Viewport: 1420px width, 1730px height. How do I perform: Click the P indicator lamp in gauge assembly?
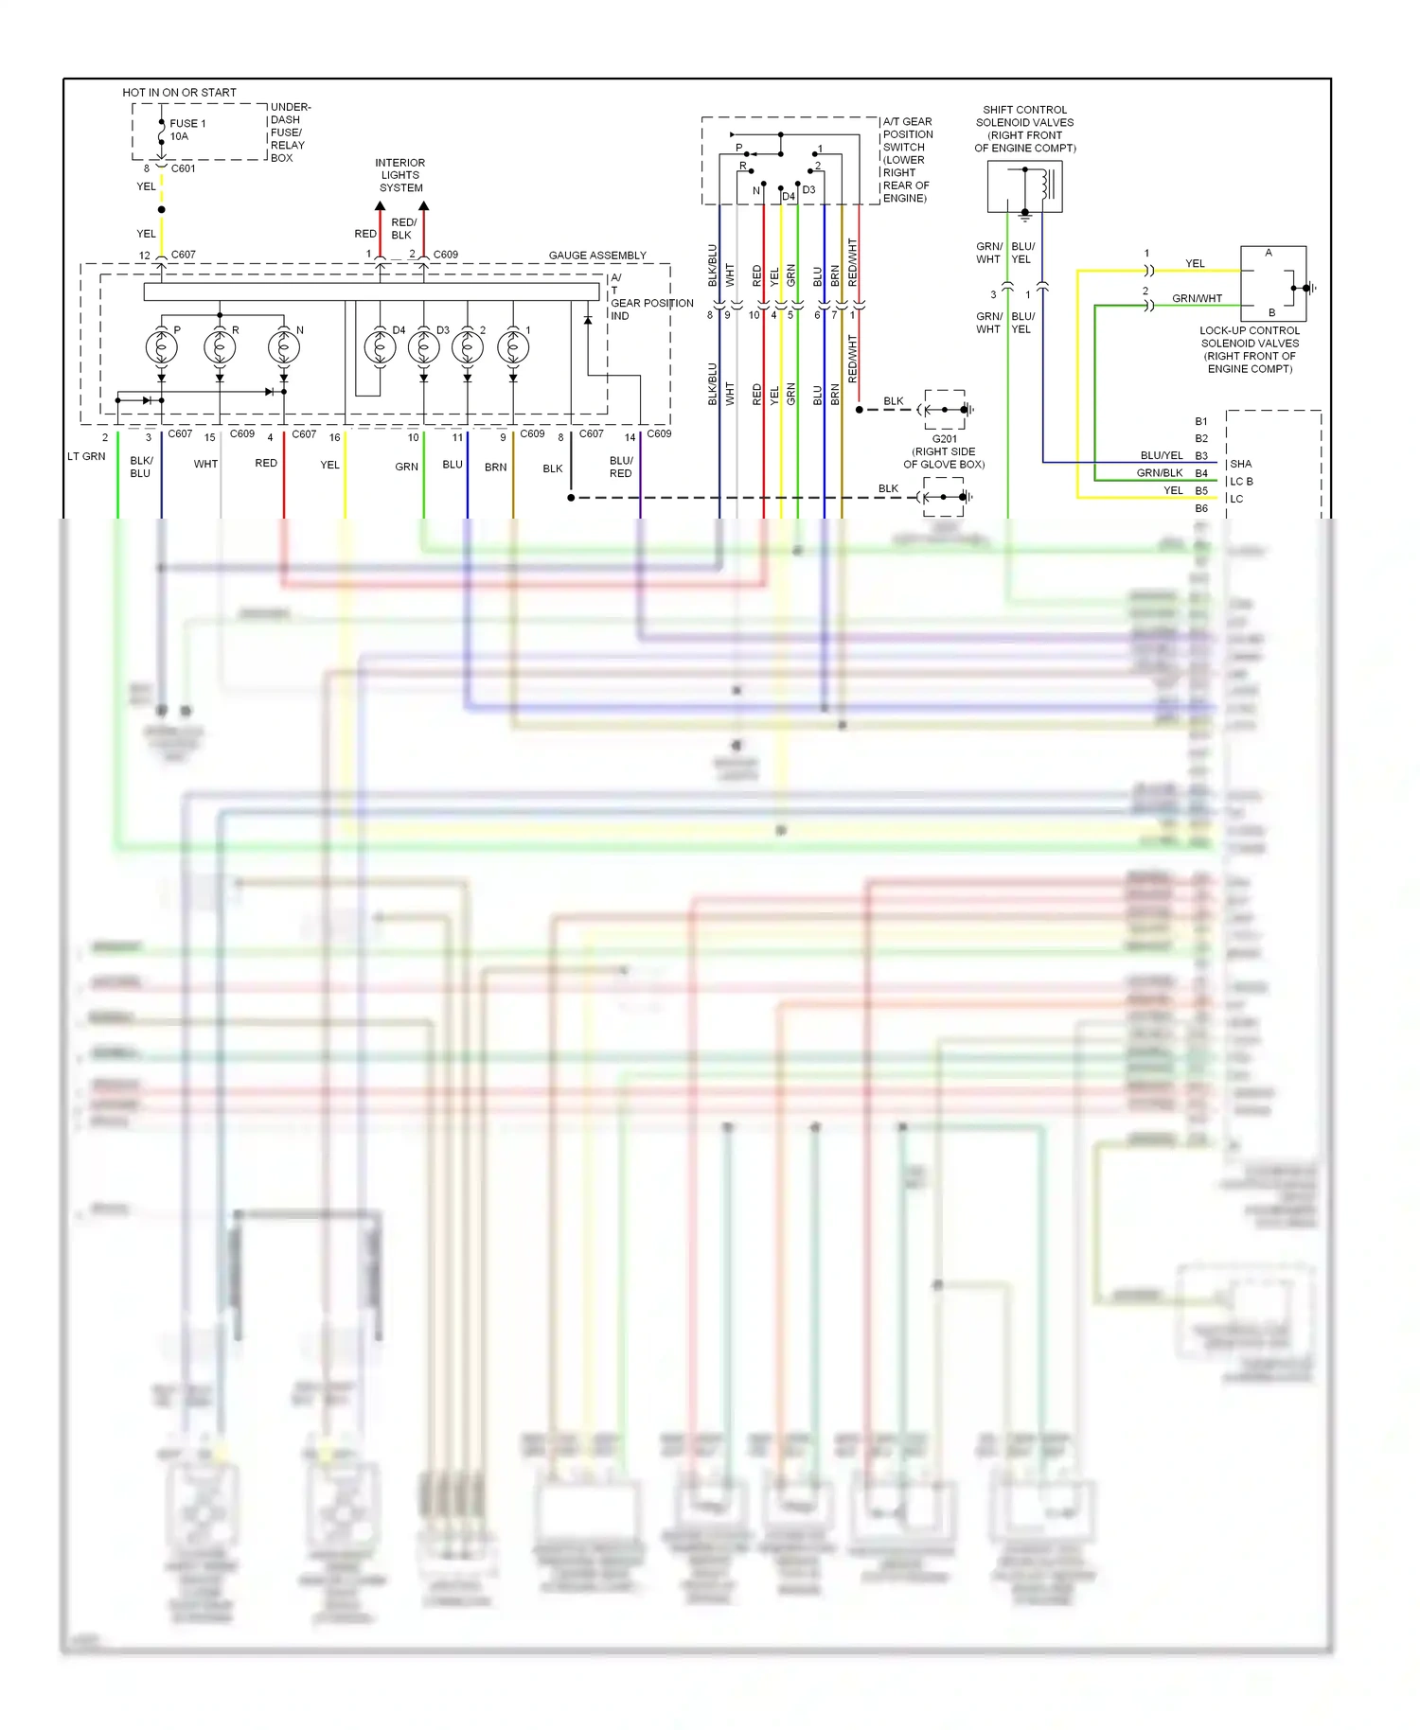(x=161, y=347)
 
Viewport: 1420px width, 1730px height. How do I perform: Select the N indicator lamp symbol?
(x=284, y=347)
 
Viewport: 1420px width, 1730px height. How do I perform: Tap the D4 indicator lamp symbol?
(x=380, y=347)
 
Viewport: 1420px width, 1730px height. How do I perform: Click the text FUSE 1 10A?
(x=186, y=130)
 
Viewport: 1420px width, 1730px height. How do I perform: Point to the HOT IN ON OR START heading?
(x=179, y=93)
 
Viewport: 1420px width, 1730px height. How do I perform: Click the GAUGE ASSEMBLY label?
(x=597, y=256)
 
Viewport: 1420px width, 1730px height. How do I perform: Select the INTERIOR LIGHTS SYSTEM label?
(x=400, y=175)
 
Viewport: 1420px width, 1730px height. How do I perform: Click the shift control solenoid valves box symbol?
(x=1024, y=186)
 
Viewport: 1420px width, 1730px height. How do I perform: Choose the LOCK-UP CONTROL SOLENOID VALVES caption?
(x=1249, y=350)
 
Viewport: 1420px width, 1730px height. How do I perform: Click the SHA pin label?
(x=1240, y=464)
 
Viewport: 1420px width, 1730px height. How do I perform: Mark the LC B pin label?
(x=1241, y=482)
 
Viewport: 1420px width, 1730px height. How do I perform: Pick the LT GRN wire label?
(x=86, y=456)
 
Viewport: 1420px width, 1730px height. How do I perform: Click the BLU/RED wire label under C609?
(x=621, y=467)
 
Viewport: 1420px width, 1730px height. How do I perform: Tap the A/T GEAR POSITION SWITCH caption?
(x=907, y=159)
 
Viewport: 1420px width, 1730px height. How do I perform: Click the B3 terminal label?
(x=1200, y=456)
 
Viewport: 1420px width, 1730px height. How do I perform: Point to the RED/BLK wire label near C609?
(x=403, y=229)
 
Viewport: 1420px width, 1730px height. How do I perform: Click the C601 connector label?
(x=183, y=168)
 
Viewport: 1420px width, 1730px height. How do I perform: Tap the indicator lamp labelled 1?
(x=513, y=347)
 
